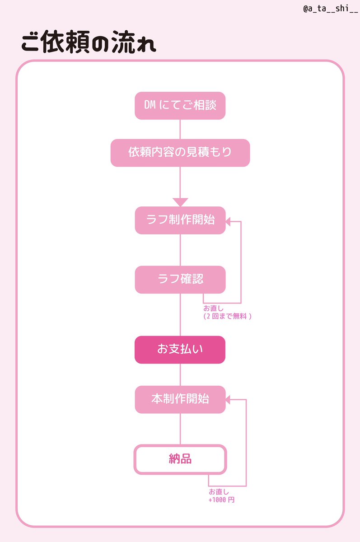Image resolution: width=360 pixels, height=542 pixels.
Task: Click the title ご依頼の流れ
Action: click(x=89, y=44)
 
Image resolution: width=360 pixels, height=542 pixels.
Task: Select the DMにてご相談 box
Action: click(x=180, y=106)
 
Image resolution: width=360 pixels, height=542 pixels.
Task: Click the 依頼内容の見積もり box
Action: click(x=180, y=153)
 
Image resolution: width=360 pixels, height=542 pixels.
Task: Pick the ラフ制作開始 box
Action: click(x=180, y=220)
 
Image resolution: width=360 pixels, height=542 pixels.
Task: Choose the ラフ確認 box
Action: click(x=180, y=279)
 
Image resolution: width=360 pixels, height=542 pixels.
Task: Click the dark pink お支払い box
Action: click(x=180, y=350)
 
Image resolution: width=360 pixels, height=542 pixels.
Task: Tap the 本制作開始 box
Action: click(x=180, y=399)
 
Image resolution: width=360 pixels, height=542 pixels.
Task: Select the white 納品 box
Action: click(x=180, y=460)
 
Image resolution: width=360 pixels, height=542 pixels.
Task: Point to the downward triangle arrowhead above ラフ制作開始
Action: click(x=180, y=202)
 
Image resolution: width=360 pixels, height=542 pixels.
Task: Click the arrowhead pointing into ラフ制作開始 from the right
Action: click(x=229, y=221)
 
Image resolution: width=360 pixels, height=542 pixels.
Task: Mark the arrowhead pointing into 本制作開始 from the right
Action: click(x=229, y=399)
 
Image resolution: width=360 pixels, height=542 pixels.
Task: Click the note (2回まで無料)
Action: click(x=227, y=316)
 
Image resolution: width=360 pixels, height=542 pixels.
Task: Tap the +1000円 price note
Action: click(x=221, y=500)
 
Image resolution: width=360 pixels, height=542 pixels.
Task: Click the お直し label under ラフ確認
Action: click(x=213, y=308)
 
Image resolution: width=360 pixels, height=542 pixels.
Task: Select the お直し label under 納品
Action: click(x=219, y=492)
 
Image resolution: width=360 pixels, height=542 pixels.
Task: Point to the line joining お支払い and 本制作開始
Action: click(x=180, y=374)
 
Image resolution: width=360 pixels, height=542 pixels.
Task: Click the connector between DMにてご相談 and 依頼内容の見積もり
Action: click(x=180, y=129)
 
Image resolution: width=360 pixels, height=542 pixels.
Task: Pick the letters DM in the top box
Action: click(x=150, y=106)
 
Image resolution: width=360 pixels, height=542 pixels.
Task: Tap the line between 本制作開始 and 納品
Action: click(x=180, y=429)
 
